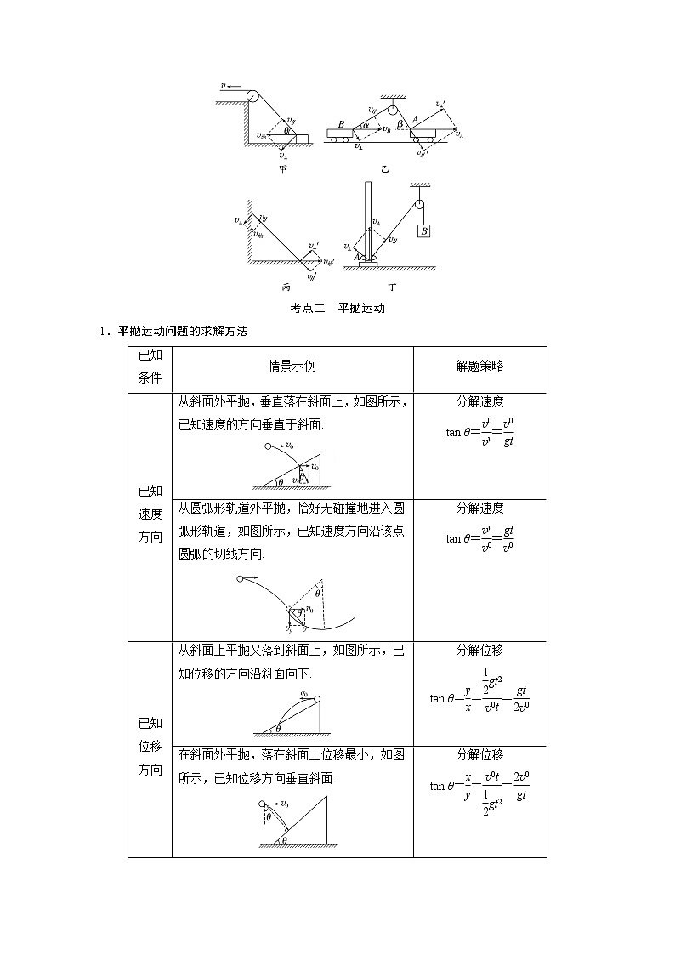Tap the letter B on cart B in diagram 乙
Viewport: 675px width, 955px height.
point(341,124)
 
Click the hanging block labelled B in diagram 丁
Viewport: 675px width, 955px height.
point(423,230)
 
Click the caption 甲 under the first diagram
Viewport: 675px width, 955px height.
point(283,168)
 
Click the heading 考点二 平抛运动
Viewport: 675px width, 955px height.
point(337,308)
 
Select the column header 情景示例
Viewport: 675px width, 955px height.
point(292,367)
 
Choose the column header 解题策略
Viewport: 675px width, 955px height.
point(479,367)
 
